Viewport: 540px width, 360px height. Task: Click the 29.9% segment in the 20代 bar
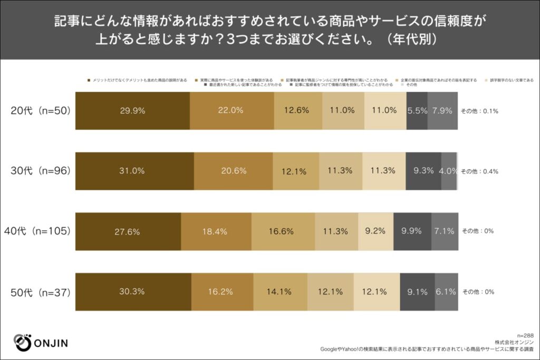pos(132,111)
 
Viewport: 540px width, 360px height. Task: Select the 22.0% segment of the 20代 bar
pos(232,111)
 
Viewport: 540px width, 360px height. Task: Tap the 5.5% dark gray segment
pos(417,111)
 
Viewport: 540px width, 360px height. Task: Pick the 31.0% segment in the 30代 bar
pos(135,171)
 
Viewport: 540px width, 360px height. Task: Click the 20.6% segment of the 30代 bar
pos(233,171)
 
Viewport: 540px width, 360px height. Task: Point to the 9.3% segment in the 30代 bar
pos(423,171)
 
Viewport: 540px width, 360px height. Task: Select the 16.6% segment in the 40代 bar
pos(283,231)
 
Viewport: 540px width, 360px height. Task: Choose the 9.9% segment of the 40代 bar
pos(412,231)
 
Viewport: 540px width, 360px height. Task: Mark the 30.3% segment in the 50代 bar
pos(133,291)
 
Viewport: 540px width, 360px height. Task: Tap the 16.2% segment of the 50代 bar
pos(222,291)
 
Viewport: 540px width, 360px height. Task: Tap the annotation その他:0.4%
pos(480,171)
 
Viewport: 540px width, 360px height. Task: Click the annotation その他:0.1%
pos(480,111)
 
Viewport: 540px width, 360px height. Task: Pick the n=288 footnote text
pos(525,335)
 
